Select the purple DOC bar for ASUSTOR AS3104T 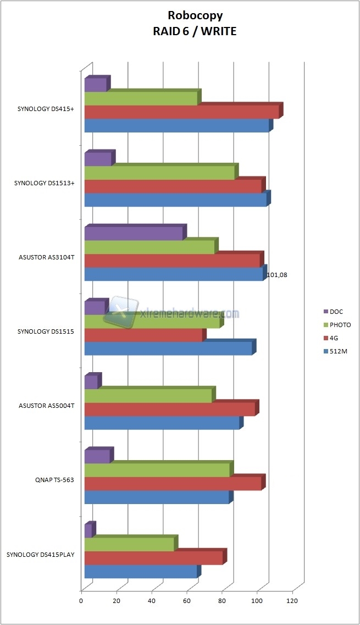pyautogui.click(x=134, y=233)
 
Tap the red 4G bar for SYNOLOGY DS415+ pyautogui.click(x=182, y=112)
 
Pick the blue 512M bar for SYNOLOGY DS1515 pyautogui.click(x=168, y=349)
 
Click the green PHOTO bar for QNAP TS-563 pyautogui.click(x=157, y=470)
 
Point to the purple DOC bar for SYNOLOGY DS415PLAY pyautogui.click(x=88, y=531)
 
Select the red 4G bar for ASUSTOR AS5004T pyautogui.click(x=170, y=410)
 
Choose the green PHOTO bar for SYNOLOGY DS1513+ pyautogui.click(x=159, y=173)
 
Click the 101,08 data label pyautogui.click(x=276, y=275)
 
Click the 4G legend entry pyautogui.click(x=334, y=338)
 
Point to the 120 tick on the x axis pyautogui.click(x=291, y=601)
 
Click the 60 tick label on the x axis pyautogui.click(x=186, y=601)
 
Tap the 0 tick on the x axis pyautogui.click(x=81, y=601)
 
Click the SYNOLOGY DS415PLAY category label pyautogui.click(x=41, y=554)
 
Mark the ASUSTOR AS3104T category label pyautogui.click(x=46, y=257)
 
